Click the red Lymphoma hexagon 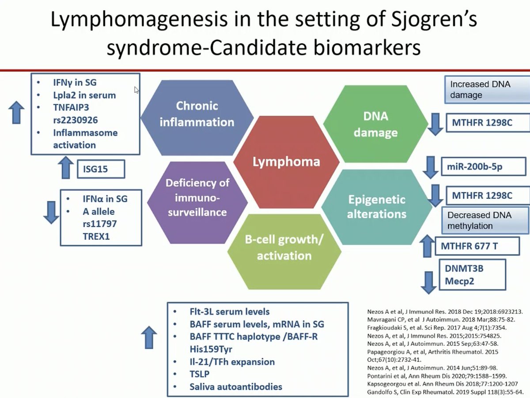pos(286,162)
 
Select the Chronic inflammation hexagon pos(197,114)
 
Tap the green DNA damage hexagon pos(375,124)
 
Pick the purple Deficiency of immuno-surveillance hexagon pos(197,197)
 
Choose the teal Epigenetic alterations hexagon pos(377,206)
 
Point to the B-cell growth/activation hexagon pos(284,248)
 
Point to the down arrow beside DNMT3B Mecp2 pos(427,282)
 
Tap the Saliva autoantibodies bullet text pos(236,387)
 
